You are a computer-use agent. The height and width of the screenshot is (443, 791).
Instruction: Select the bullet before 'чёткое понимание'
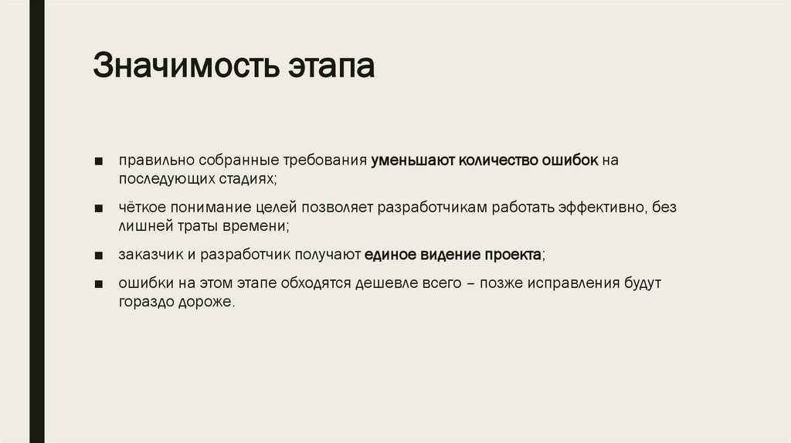coord(100,209)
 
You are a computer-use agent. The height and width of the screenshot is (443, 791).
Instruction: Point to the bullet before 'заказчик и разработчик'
coord(100,256)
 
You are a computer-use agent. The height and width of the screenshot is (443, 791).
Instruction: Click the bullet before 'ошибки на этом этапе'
coord(100,284)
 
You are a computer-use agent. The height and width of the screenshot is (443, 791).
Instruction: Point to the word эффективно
coord(604,208)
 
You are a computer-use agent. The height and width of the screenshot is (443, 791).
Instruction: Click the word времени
coord(261,227)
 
